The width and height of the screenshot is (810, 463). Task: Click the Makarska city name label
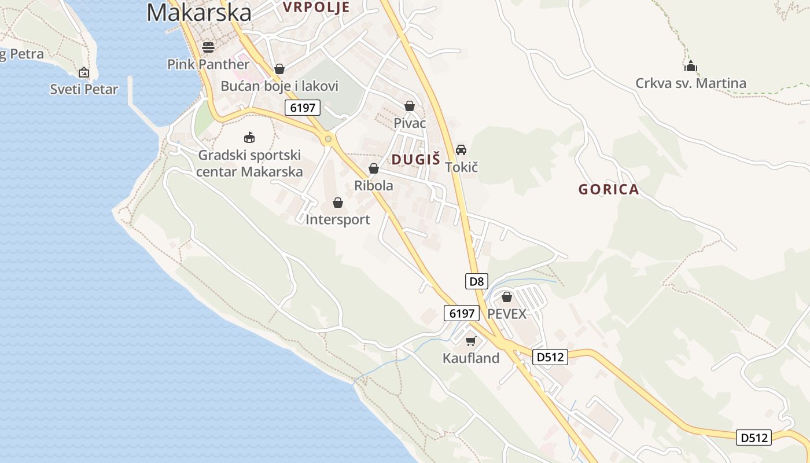point(198,13)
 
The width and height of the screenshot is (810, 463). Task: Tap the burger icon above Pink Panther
point(208,47)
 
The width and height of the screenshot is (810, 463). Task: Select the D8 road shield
point(477,282)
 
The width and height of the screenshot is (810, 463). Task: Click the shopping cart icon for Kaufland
point(470,341)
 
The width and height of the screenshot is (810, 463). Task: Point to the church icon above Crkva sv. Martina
point(690,66)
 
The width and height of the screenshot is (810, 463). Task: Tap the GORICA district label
point(609,189)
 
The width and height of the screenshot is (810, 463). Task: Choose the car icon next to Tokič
point(461,150)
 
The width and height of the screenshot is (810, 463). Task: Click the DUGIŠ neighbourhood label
point(416,160)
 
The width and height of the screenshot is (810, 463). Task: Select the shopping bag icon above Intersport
point(338,203)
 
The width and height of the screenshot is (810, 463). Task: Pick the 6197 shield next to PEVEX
point(462,313)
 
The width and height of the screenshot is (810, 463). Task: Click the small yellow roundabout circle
point(329,139)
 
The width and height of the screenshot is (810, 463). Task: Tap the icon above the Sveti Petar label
point(84,72)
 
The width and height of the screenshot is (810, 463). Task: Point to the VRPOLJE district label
point(316,7)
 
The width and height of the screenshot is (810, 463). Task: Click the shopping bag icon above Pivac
point(410,106)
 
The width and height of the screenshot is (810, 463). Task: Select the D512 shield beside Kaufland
point(550,357)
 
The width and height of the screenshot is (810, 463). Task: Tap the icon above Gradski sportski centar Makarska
point(249,138)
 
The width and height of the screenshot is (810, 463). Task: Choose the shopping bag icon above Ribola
point(374,168)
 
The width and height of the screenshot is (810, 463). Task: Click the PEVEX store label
point(507,314)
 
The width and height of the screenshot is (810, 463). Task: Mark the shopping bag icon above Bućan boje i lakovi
point(279,69)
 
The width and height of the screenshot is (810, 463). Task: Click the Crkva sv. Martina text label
point(691,83)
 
